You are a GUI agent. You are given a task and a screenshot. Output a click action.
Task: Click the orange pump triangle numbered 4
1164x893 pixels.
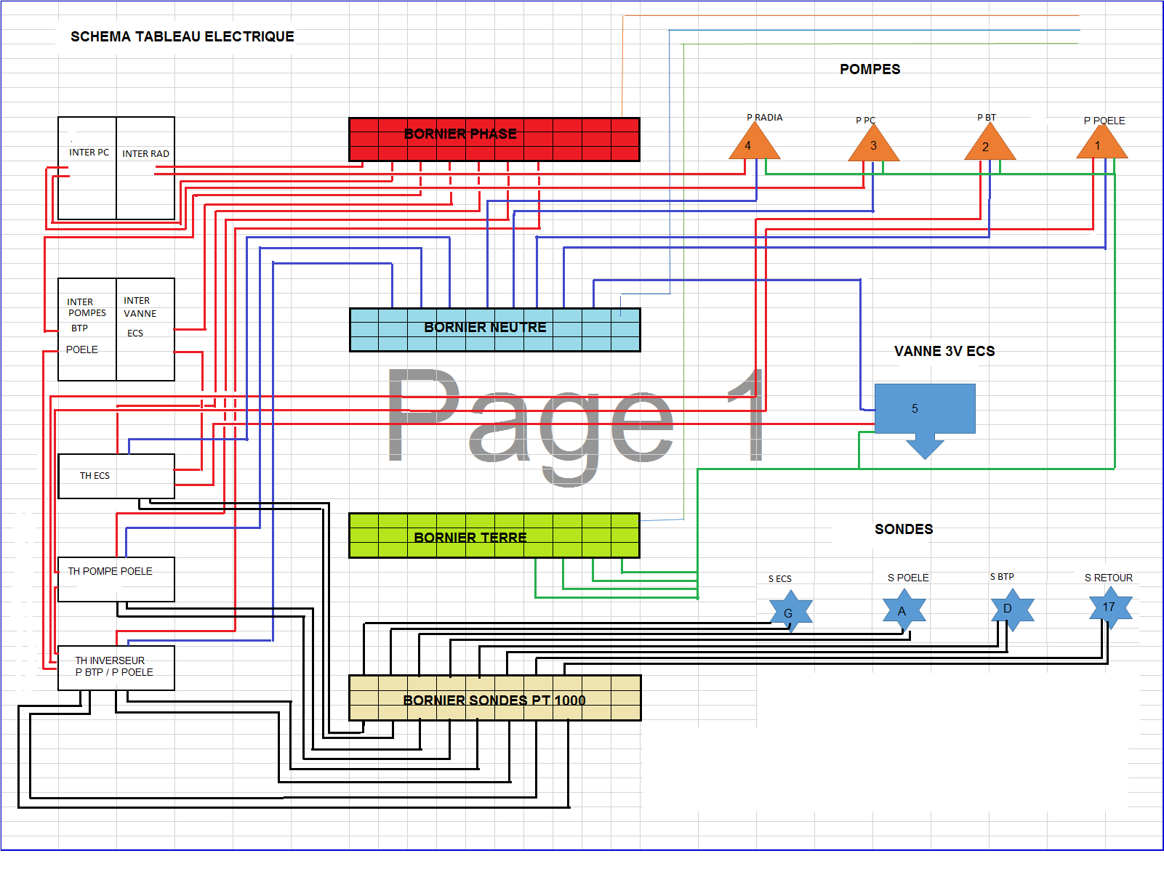[754, 143]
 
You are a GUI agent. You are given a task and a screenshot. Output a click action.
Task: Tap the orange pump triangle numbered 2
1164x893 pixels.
[990, 145]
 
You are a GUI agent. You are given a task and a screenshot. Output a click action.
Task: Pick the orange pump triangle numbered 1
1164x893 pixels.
[1101, 144]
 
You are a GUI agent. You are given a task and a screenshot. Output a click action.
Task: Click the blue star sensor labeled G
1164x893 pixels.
[790, 612]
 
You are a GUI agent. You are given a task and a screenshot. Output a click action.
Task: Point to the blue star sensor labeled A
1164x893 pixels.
[904, 610]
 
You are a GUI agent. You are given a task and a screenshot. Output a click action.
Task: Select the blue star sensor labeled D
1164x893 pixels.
[1011, 609]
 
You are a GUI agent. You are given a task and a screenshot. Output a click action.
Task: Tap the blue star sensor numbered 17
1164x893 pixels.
[1110, 607]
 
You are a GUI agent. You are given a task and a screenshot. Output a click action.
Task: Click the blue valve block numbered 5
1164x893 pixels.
[924, 408]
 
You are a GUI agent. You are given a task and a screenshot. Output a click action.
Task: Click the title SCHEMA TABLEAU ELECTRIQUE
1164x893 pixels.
[182, 36]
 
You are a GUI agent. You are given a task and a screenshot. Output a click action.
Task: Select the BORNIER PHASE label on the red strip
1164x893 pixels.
[460, 134]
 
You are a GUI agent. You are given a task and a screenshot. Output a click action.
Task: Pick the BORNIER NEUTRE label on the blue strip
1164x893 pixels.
[485, 328]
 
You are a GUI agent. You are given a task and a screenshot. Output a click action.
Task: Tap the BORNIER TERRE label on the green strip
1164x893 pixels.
[470, 538]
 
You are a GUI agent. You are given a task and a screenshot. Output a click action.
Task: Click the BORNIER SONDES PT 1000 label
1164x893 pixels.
[494, 700]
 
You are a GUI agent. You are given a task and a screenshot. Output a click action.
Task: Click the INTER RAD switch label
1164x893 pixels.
[145, 154]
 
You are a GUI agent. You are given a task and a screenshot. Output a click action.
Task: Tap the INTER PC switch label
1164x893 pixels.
[89, 153]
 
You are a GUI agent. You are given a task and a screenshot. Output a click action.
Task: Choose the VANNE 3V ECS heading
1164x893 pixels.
[944, 352]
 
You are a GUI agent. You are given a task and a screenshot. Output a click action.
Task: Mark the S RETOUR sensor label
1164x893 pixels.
[1108, 578]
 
